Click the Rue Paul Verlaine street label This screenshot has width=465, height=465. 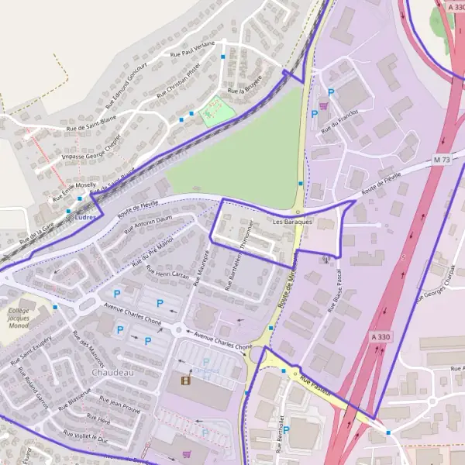(192, 49)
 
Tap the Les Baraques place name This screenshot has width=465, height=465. (292, 222)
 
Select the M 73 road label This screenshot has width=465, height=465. (442, 160)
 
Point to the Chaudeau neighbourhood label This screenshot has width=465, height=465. (113, 372)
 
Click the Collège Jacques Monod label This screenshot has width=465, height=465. (19, 318)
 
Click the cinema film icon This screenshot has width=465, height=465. (185, 380)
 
